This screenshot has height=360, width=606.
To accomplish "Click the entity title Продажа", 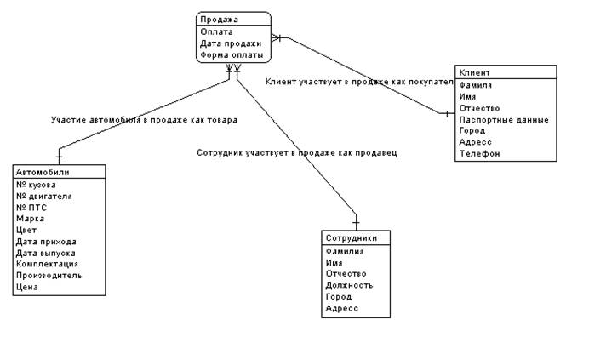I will point(219,19).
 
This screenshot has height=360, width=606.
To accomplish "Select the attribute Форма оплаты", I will point(231,54).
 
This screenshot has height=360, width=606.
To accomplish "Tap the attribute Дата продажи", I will point(230,43).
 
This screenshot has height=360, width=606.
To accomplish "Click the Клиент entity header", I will point(474,72).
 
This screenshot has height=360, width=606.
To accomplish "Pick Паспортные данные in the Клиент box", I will point(504,120).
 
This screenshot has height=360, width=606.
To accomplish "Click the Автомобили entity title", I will point(43,172).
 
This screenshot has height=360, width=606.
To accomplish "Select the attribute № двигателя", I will point(44,196).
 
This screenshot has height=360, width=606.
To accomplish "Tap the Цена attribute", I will point(26,287).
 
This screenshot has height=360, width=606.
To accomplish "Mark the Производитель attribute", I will point(49,276).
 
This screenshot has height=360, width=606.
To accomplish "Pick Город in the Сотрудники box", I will point(338,297).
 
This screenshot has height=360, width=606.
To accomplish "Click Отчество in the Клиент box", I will point(479,108).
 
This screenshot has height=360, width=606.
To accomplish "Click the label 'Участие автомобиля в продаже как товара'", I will point(144,120).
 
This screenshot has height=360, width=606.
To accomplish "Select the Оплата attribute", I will point(216,31).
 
